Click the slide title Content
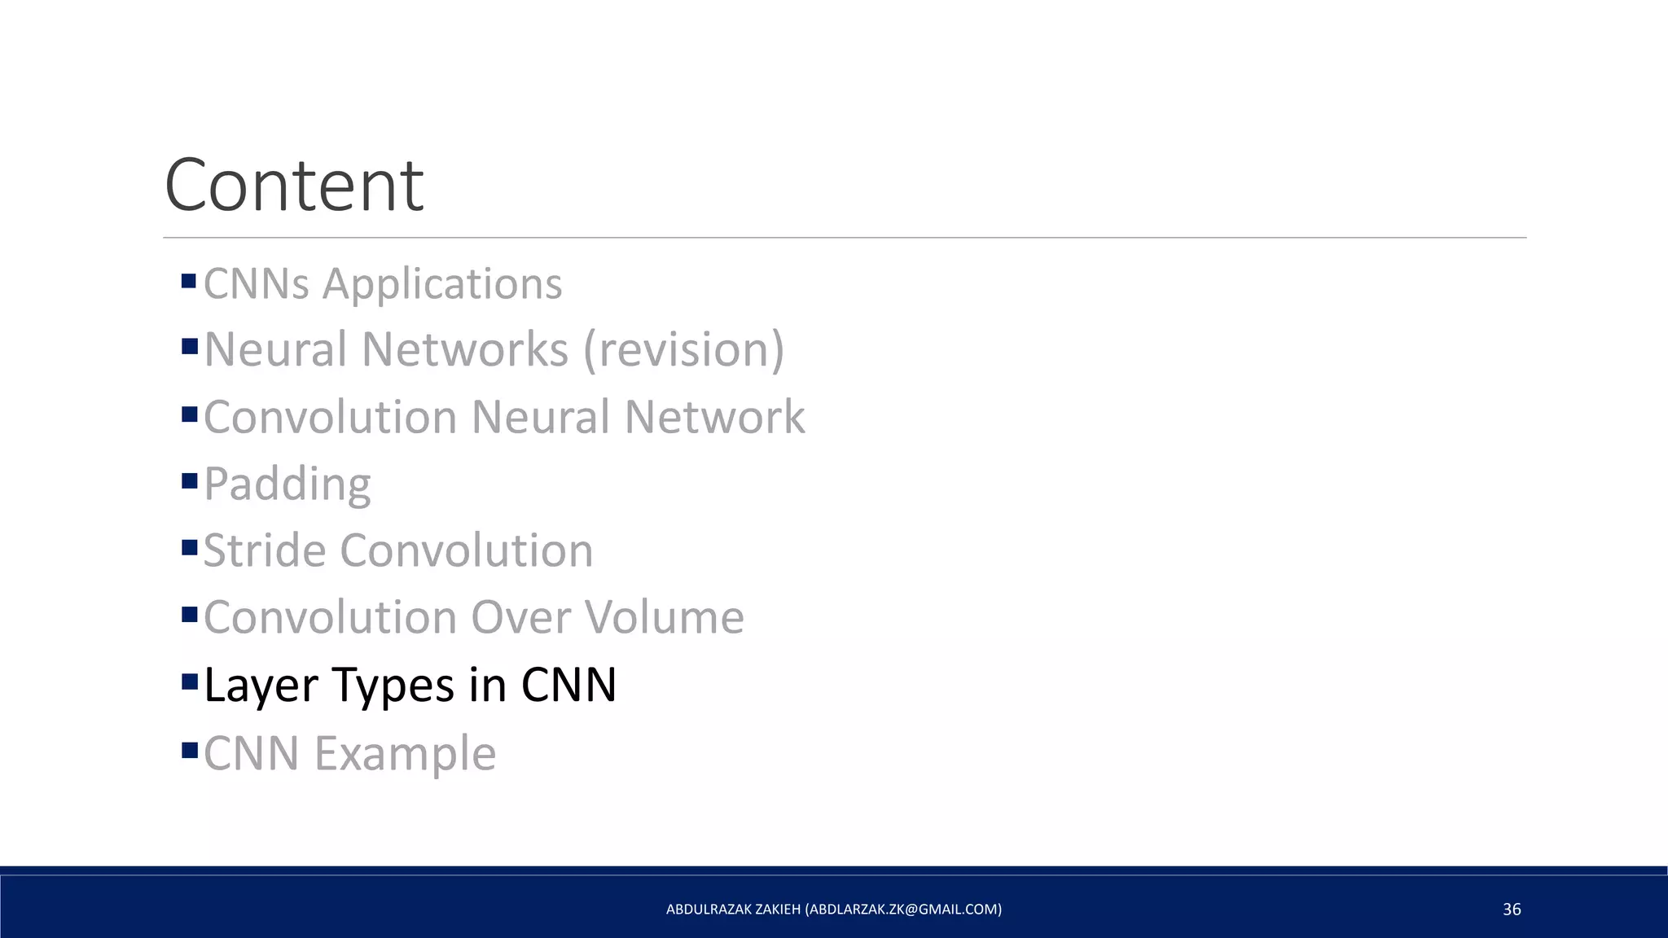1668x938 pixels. tap(294, 186)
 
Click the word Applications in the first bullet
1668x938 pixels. tap(442, 284)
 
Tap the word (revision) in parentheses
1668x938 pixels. tap(684, 349)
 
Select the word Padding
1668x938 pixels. tap(288, 484)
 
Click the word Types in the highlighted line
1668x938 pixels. tap(394, 686)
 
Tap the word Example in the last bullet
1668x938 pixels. tap(405, 753)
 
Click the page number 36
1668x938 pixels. tap(1512, 910)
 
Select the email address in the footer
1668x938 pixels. tap(903, 910)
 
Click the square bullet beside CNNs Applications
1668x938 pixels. tap(190, 281)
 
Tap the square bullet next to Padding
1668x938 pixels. tap(190, 480)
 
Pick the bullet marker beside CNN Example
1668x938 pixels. tap(190, 749)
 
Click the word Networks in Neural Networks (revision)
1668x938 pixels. tap(465, 349)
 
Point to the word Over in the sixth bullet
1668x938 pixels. tap(522, 617)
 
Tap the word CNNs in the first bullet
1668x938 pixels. tap(257, 284)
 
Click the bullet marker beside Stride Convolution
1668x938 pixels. tap(190, 547)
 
